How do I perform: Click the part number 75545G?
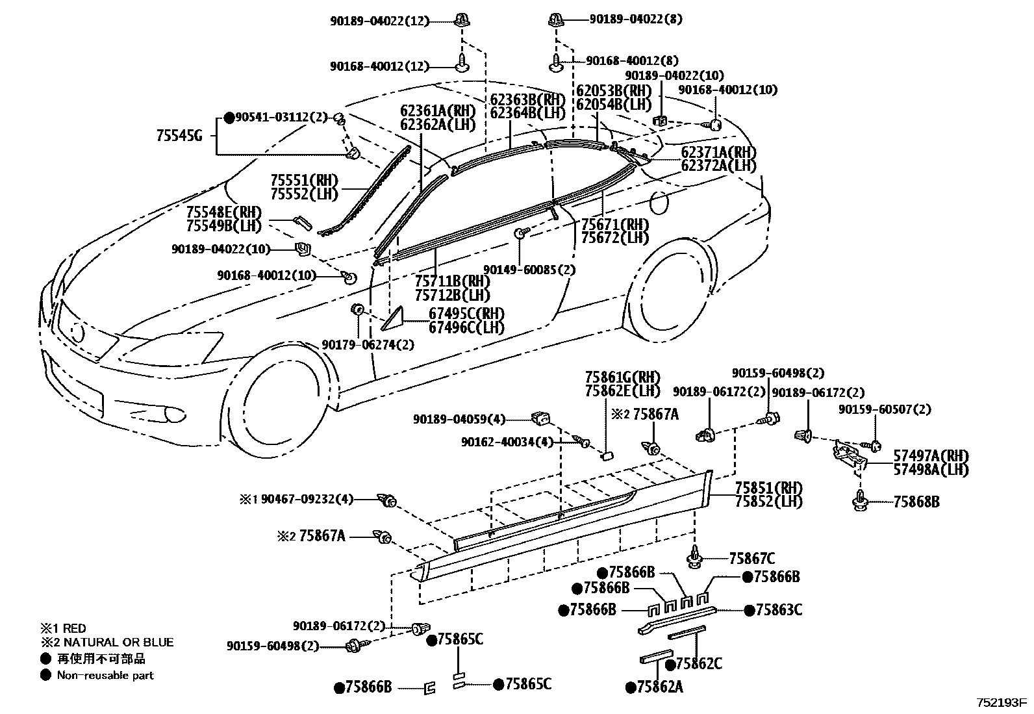tap(179, 136)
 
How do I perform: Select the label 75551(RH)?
tap(301, 180)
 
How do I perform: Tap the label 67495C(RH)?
tap(466, 314)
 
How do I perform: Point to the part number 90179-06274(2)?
tap(368, 345)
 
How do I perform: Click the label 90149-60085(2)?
tap(529, 269)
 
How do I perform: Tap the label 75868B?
tap(916, 502)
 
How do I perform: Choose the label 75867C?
tap(751, 558)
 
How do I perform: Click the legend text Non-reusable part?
tap(105, 675)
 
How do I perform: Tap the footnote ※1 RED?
tap(63, 628)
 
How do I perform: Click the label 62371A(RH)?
tap(718, 152)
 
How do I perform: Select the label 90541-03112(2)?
tap(277, 118)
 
